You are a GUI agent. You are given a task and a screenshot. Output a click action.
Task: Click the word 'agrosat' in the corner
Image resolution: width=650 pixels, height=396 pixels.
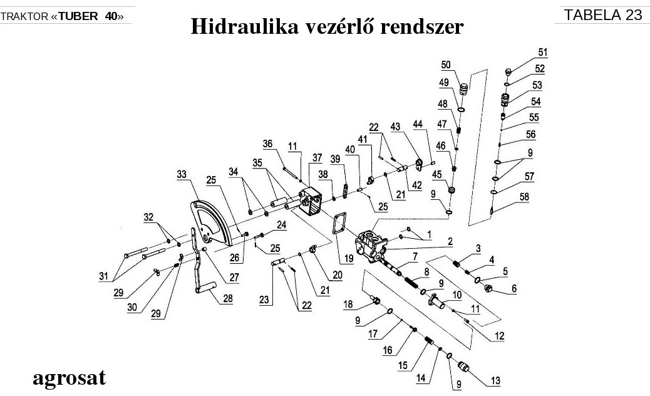click(69, 378)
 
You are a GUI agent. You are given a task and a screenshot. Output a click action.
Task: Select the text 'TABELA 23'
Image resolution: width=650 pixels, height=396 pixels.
click(602, 15)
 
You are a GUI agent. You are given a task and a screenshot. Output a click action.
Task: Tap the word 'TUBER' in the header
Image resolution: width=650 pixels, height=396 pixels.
click(81, 16)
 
